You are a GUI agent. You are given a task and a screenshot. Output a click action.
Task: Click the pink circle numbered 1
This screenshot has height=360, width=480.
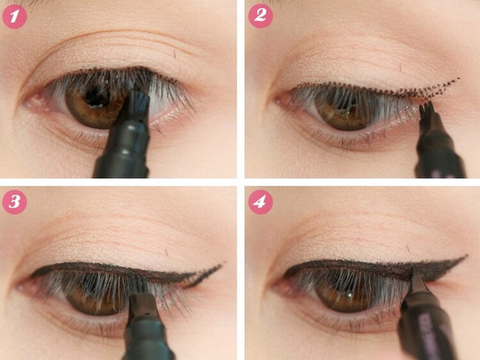(14, 17)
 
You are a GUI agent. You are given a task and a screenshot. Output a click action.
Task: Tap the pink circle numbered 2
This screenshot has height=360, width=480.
(260, 16)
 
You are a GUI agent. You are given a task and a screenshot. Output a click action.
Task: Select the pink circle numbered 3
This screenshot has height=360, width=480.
(14, 202)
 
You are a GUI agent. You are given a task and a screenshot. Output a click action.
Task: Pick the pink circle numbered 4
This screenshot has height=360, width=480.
(260, 202)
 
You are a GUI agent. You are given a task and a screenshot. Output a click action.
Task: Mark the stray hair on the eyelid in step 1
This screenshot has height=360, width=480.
(175, 54)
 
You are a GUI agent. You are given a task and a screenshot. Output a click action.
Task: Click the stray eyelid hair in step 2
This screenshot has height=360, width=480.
(400, 68)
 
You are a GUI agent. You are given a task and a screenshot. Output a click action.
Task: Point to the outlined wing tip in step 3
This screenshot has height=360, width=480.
(223, 263)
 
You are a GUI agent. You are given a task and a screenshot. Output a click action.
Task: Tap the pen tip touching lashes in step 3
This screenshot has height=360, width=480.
(141, 283)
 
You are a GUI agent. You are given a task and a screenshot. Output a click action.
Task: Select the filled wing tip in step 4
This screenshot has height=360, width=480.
(465, 256)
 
